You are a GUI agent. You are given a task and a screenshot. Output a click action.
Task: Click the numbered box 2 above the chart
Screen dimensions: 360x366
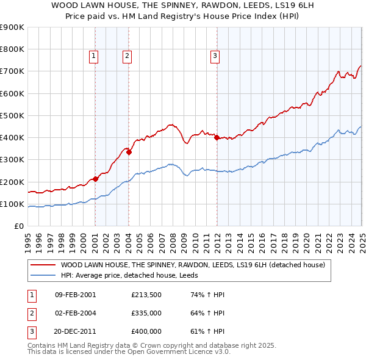coord(127,56)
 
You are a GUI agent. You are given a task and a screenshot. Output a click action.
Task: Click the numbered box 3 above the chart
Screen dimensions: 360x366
coord(215,56)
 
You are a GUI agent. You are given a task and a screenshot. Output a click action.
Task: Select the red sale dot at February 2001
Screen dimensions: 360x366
coord(96,179)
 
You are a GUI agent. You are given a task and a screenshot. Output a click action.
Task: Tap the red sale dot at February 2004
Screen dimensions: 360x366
coord(129,153)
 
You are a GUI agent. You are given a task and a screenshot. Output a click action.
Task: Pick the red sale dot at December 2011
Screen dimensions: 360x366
coord(217,138)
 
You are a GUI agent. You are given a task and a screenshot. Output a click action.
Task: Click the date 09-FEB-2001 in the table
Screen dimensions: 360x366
coord(75,295)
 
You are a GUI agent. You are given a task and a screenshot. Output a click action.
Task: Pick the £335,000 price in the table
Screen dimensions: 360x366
coord(146,313)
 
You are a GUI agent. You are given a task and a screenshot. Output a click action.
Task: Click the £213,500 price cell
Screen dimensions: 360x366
coord(146,295)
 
